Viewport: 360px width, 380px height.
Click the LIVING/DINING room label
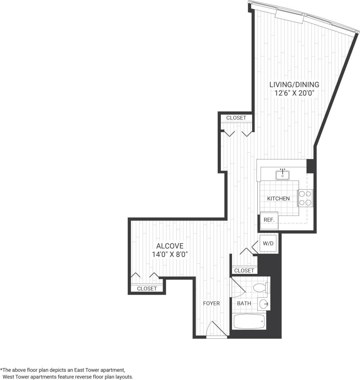click(294, 84)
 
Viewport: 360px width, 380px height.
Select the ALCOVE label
click(170, 246)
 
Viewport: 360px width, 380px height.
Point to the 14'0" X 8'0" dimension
click(170, 254)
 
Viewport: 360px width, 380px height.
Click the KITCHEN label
click(278, 198)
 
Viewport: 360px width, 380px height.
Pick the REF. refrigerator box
click(269, 219)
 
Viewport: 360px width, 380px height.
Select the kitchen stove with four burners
click(305, 198)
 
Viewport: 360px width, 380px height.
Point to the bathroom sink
click(264, 305)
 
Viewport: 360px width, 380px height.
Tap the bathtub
click(249, 321)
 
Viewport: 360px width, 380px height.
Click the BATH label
click(244, 303)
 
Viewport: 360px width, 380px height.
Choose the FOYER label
click(211, 303)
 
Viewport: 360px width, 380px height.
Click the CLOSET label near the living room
click(236, 118)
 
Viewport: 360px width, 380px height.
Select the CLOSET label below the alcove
click(147, 289)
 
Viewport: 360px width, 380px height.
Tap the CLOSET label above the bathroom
click(244, 271)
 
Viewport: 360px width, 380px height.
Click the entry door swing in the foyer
click(216, 329)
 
